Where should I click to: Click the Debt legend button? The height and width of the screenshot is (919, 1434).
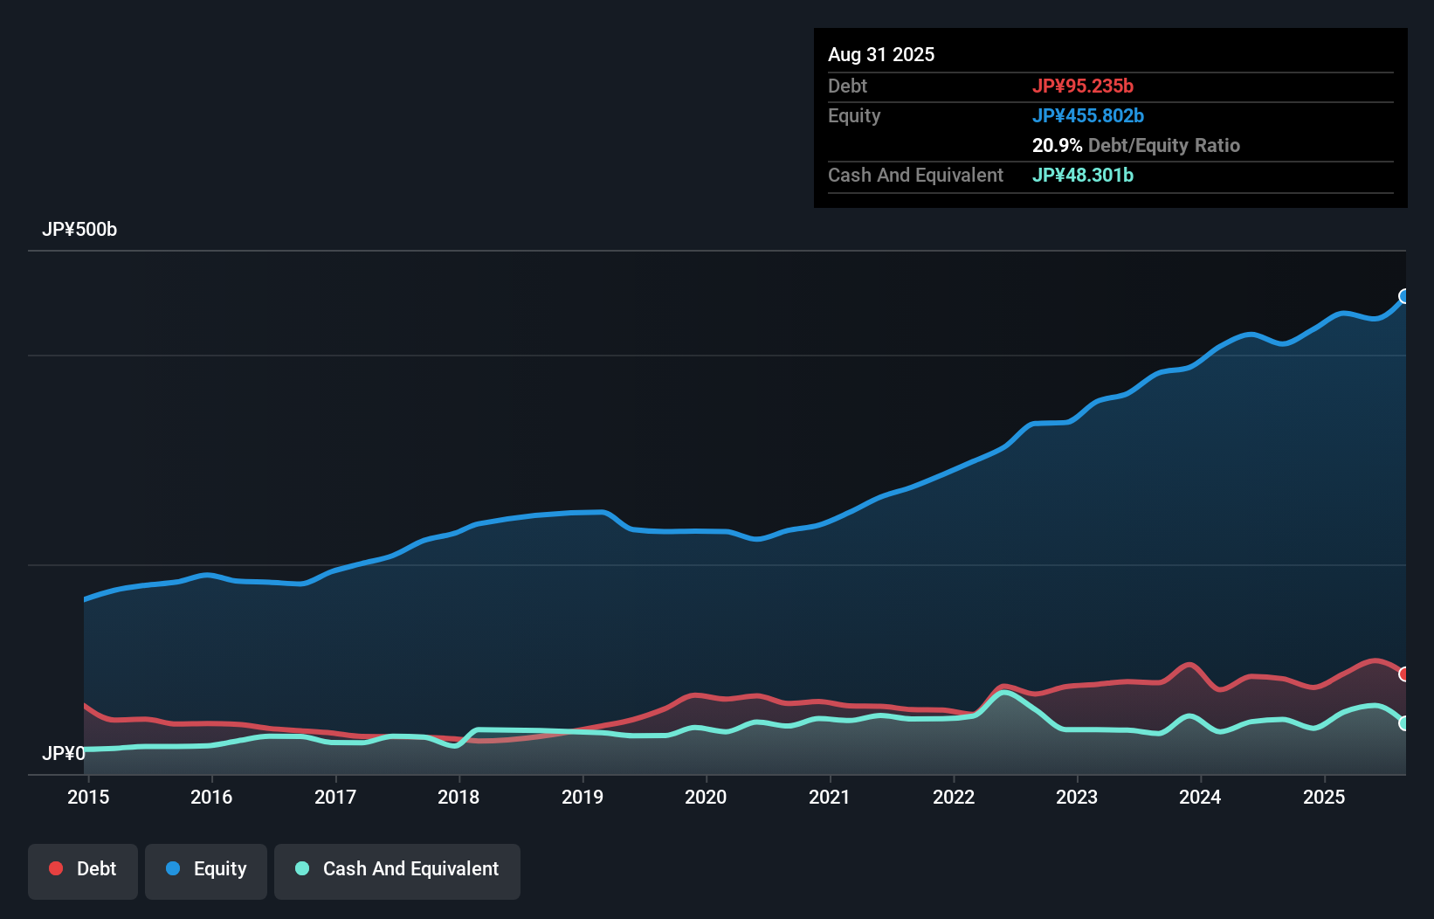pos(83,869)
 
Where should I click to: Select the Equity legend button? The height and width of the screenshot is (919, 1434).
pos(206,869)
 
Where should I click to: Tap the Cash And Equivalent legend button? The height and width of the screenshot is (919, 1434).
pos(397,869)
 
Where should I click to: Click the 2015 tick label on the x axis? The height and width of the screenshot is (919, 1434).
pos(88,797)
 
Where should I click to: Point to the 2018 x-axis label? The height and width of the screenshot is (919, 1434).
pos(458,797)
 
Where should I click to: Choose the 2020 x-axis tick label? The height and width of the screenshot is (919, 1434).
pos(706,797)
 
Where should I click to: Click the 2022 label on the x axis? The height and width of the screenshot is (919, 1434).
pos(954,797)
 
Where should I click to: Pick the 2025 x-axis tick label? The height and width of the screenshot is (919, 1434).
pos(1324,797)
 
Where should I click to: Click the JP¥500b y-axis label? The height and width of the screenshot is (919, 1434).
pos(79,230)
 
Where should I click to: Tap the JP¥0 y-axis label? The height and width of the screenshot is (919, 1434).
pos(64,753)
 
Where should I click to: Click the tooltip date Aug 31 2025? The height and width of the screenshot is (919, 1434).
pos(881,55)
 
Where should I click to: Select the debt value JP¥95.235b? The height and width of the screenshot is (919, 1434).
pos(1083,86)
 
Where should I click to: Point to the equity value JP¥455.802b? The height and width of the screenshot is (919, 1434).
pos(1088,116)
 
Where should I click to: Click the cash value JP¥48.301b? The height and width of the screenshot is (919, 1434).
pos(1083,176)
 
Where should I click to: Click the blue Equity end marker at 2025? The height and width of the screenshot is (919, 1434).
pos(1404,296)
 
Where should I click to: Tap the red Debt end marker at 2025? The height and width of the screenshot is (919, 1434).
pos(1404,674)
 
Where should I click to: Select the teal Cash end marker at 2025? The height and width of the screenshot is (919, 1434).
pos(1404,723)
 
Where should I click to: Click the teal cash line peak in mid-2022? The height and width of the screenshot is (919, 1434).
pos(1006,693)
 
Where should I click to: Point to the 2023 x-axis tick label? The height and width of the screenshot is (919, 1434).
pos(1077,797)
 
